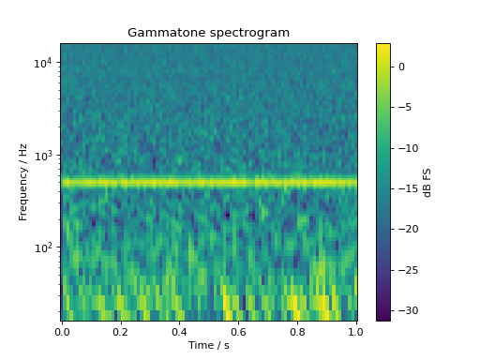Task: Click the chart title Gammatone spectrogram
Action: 208,33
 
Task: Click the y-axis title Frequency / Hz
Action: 24,182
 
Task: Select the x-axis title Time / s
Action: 208,346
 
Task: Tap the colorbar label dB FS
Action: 427,182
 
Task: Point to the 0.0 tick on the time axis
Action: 62,331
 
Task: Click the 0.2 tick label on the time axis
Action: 121,331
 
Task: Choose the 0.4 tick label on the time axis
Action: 180,331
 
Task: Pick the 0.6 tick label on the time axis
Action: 239,331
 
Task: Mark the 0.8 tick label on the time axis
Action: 298,331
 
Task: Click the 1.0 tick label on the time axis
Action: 356,331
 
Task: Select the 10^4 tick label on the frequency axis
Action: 44,63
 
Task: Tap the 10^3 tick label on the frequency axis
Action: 44,156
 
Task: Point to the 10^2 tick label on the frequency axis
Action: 44,247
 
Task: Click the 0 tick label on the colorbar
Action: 400,67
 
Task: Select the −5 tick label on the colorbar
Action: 404,108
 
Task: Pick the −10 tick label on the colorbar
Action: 407,148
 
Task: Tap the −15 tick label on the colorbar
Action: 407,188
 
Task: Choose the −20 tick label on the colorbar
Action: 407,229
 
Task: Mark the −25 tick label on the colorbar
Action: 407,270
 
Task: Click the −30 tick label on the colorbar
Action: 407,310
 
